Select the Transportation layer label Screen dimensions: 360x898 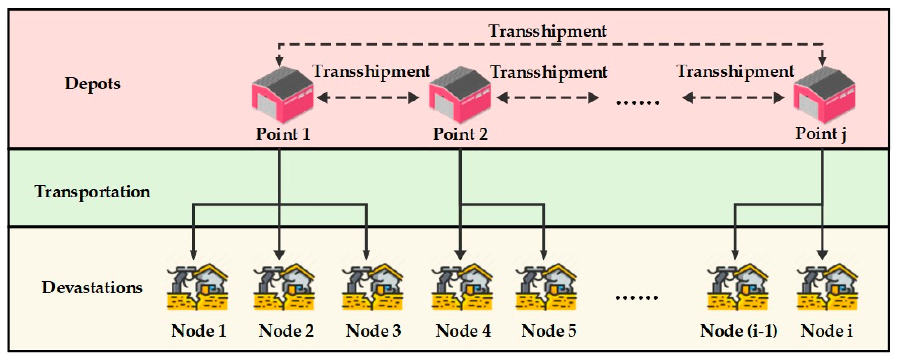pyautogui.click(x=92, y=192)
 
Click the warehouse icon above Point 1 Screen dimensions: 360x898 pyautogui.click(x=283, y=95)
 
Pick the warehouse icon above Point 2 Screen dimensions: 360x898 pyautogui.click(x=460, y=95)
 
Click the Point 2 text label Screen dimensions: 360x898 pyautogui.click(x=460, y=134)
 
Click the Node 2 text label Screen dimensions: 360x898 pyautogui.click(x=286, y=331)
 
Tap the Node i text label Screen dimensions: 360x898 pyautogui.click(x=826, y=331)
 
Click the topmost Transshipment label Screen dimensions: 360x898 pyautogui.click(x=547, y=31)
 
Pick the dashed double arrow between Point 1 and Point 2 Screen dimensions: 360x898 pyautogui.click(x=368, y=98)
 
